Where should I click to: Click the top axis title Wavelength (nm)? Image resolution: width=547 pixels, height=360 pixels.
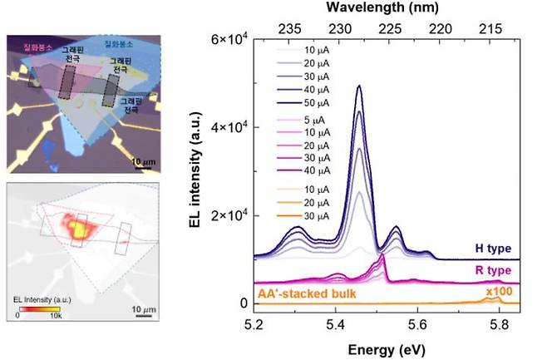[x=390, y=8]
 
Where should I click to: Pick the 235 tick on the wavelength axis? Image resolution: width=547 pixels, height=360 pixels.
[x=289, y=27]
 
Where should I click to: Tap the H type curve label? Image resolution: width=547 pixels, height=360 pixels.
[x=492, y=249]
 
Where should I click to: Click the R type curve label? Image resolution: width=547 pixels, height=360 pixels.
[x=492, y=271]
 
